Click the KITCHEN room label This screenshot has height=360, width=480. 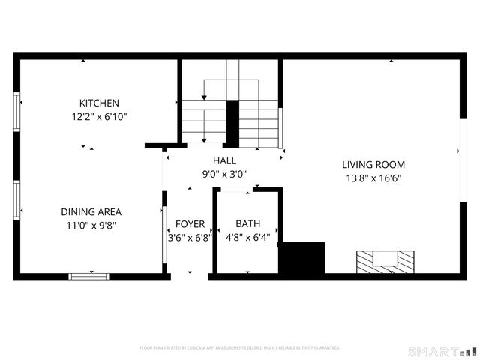99,103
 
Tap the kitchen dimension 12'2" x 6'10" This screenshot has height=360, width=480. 99,116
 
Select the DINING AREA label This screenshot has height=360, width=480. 91,211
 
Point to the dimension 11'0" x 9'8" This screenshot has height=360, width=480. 91,224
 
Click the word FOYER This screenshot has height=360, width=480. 190,224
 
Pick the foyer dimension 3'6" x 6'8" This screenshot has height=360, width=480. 187,238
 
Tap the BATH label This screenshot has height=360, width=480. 247,224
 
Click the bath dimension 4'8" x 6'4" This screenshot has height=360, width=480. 247,238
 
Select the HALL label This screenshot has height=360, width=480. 224,160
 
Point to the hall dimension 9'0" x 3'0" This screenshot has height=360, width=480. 224,174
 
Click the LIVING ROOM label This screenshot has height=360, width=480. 373,165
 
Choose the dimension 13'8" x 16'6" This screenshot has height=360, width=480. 373,178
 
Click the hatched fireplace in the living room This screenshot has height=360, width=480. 385,262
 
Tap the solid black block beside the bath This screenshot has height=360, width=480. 301,257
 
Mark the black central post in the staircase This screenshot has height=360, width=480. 232,124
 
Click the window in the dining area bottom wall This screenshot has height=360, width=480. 88,276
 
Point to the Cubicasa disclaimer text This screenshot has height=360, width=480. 240,348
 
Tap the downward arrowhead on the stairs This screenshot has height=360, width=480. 204,140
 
